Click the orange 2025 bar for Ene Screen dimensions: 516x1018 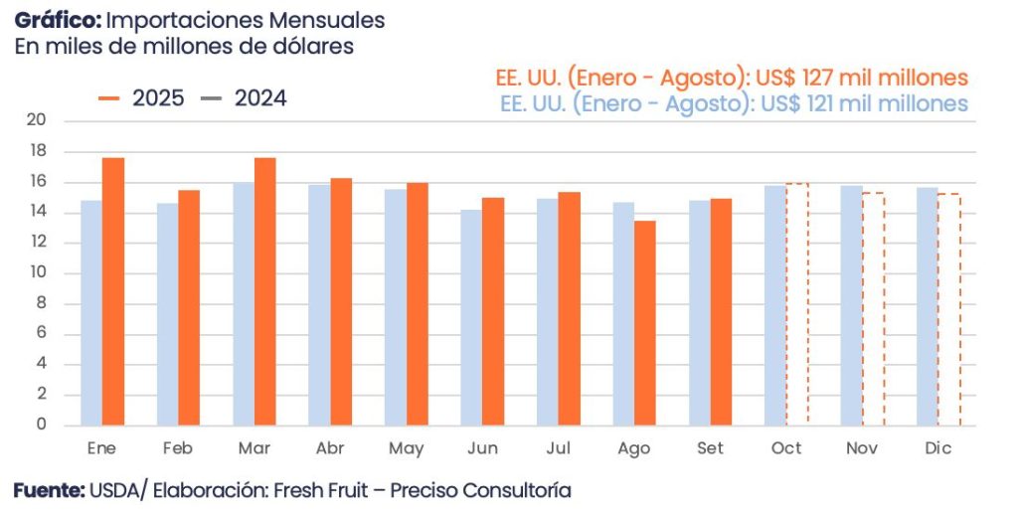click(x=113, y=291)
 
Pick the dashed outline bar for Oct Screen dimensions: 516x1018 click(x=797, y=304)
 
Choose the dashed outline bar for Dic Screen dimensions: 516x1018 click(x=949, y=309)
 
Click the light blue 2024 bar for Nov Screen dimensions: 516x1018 click(x=851, y=305)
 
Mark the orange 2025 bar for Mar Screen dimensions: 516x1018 click(x=264, y=291)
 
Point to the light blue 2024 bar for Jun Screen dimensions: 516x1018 click(x=471, y=317)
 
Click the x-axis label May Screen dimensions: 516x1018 click(x=406, y=449)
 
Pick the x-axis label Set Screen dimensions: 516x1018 click(x=710, y=449)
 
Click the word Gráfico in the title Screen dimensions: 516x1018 click(x=56, y=21)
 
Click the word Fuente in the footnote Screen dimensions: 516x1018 click(x=47, y=490)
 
